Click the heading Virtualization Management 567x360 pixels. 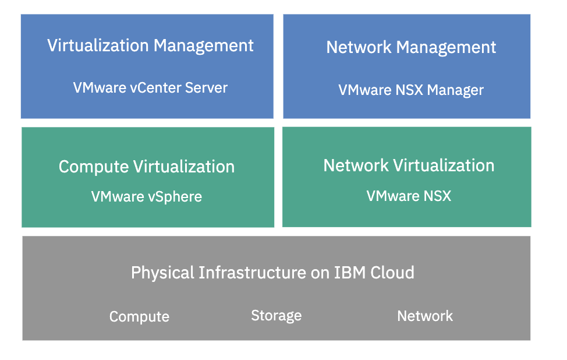(x=150, y=45)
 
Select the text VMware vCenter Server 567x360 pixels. (x=150, y=88)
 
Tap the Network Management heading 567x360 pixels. (x=411, y=47)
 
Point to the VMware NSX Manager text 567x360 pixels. (x=411, y=90)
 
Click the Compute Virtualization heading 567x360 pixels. (x=147, y=167)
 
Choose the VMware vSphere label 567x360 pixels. (x=147, y=197)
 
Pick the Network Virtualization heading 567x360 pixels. (x=409, y=165)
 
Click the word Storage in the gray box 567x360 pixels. (x=276, y=316)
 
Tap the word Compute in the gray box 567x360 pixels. (x=139, y=317)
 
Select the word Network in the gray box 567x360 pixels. (x=424, y=316)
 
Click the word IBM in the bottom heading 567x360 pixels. (x=349, y=272)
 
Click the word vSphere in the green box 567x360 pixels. (x=173, y=197)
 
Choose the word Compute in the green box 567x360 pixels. (x=93, y=167)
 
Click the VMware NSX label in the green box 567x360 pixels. (x=409, y=196)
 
